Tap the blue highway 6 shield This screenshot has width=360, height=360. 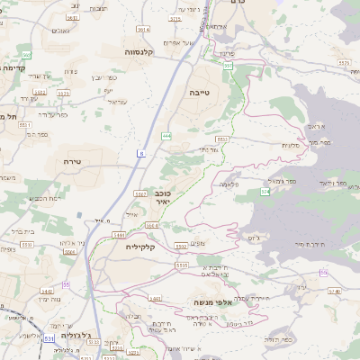tap(141, 154)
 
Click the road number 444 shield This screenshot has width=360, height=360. tap(167, 135)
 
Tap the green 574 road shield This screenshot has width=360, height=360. tap(265, 192)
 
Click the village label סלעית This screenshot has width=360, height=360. tap(290, 145)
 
